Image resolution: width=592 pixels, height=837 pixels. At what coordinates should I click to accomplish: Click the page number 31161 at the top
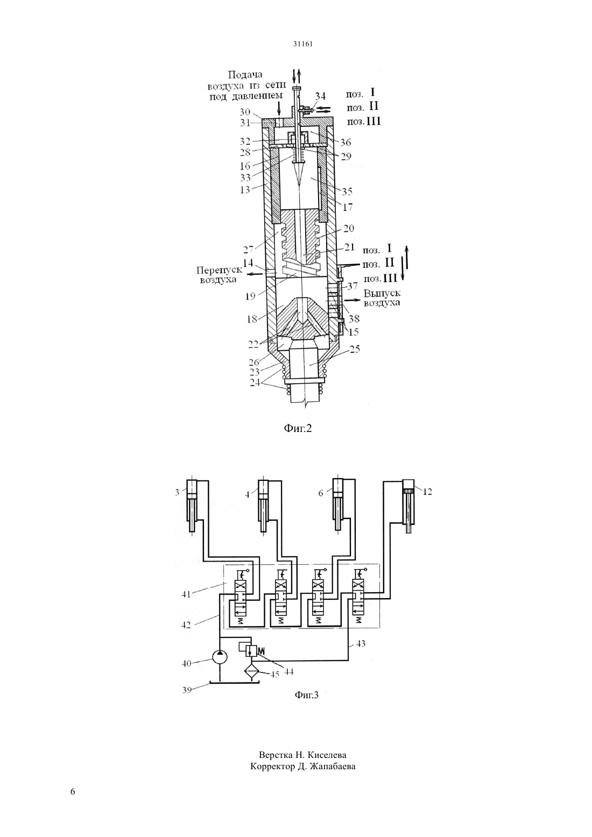click(x=302, y=44)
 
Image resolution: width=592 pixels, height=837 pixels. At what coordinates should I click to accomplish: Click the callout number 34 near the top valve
click(x=320, y=96)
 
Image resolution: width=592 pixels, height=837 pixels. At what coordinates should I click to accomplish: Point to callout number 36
click(x=346, y=142)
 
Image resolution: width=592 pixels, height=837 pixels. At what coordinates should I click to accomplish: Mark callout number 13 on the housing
click(x=245, y=189)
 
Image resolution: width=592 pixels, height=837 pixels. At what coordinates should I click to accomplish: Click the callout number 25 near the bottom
click(x=355, y=349)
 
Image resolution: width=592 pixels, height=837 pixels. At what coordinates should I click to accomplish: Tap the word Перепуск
click(x=219, y=271)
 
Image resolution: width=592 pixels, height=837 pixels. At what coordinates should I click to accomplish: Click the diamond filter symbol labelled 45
click(x=251, y=672)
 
